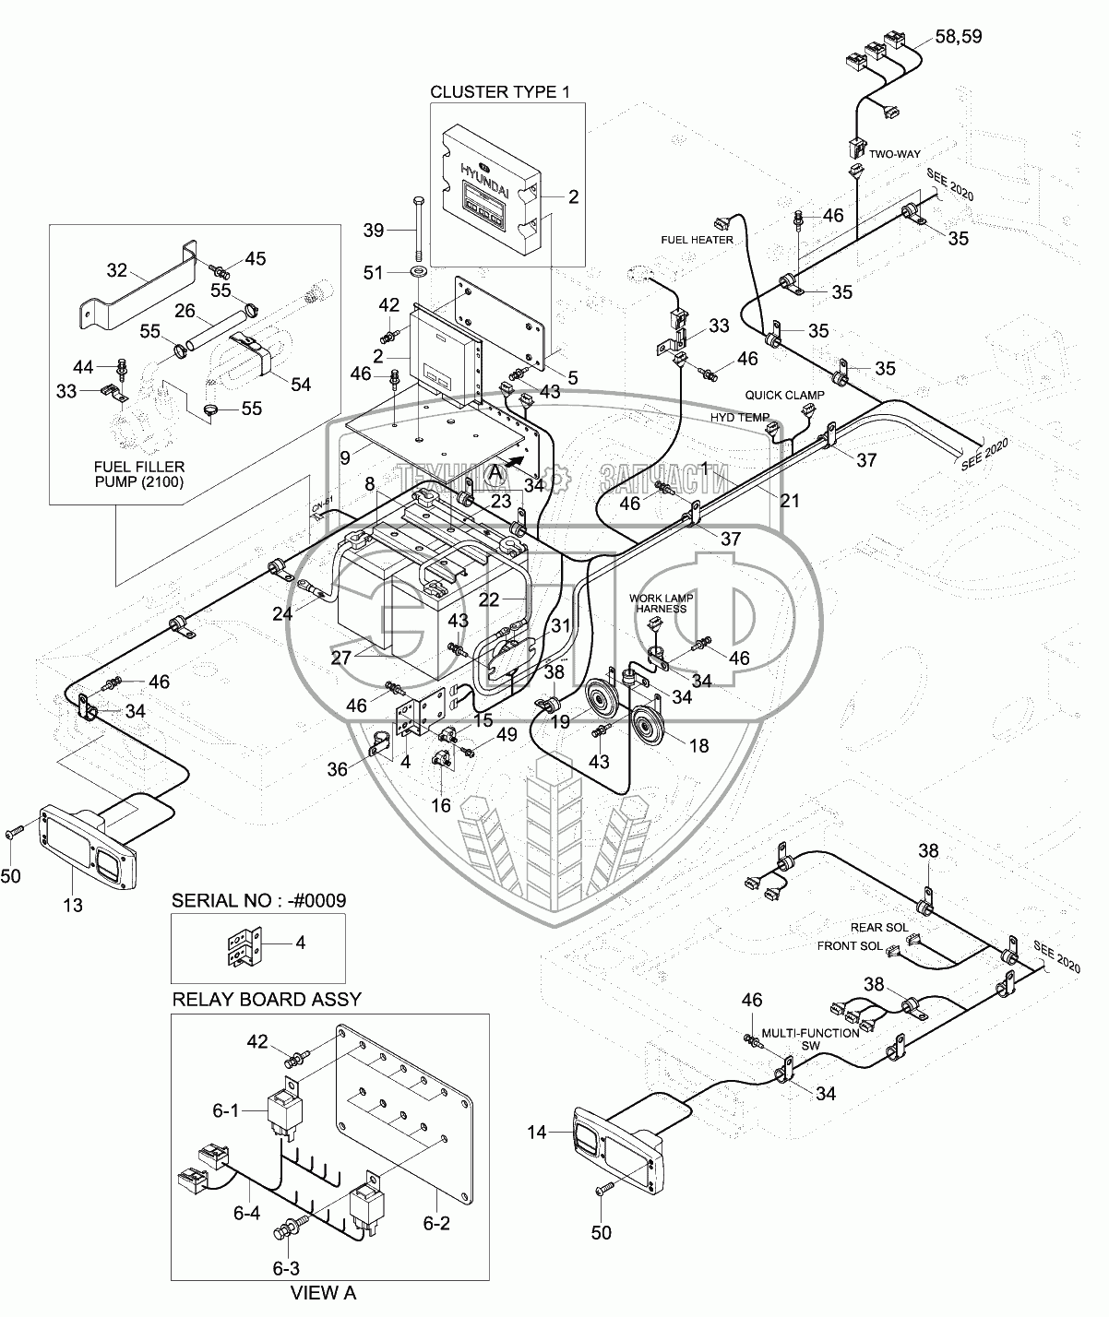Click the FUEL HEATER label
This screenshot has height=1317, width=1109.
[697, 240]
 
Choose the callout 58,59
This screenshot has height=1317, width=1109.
[959, 37]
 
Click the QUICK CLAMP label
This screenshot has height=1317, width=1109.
[784, 395]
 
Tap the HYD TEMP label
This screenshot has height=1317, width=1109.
[739, 418]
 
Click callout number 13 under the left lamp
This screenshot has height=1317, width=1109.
[72, 906]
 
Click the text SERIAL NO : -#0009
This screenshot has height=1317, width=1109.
[258, 900]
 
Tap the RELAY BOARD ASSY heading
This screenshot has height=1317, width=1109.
[267, 999]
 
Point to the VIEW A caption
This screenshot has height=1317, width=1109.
[323, 1293]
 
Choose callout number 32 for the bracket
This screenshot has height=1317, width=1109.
[117, 270]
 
